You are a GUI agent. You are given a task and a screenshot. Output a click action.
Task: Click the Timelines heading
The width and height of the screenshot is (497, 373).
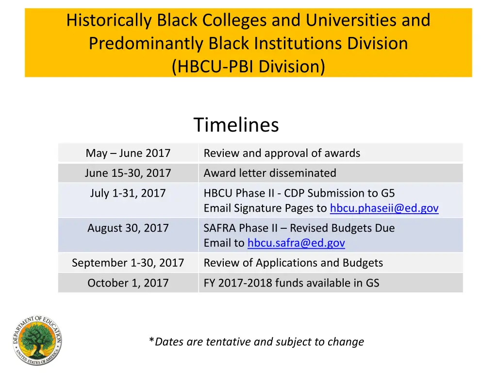click(236, 125)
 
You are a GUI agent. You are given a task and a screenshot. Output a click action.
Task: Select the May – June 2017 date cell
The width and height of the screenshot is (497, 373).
click(128, 153)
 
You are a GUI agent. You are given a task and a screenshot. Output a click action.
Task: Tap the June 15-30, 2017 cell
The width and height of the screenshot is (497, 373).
click(128, 173)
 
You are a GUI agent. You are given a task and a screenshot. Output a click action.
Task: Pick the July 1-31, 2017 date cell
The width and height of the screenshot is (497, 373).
click(128, 193)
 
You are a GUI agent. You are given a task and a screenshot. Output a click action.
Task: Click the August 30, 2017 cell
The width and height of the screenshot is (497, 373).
click(128, 228)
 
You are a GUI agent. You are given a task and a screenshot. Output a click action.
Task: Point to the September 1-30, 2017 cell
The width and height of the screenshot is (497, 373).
click(128, 263)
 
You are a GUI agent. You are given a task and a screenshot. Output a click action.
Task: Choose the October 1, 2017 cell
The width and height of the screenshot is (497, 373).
click(128, 283)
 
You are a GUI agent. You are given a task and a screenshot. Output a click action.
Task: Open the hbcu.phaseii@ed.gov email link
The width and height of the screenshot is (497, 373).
click(384, 208)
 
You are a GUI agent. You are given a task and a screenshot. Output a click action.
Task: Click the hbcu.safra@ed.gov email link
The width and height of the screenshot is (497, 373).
click(296, 243)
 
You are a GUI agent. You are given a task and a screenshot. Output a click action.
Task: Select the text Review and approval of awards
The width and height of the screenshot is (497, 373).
click(282, 153)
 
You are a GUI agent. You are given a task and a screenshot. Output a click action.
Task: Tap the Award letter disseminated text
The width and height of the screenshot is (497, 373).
click(270, 173)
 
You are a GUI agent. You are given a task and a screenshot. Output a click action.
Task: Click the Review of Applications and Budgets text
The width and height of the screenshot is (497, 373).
click(293, 263)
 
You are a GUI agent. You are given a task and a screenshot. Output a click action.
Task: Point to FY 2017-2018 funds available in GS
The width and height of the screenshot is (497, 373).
click(291, 283)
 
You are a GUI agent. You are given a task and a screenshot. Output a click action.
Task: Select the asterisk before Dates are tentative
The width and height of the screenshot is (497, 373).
click(151, 341)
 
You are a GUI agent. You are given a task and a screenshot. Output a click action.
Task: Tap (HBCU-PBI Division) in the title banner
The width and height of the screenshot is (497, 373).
click(248, 66)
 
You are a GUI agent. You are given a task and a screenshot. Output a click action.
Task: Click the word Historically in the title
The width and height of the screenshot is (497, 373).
click(110, 20)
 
